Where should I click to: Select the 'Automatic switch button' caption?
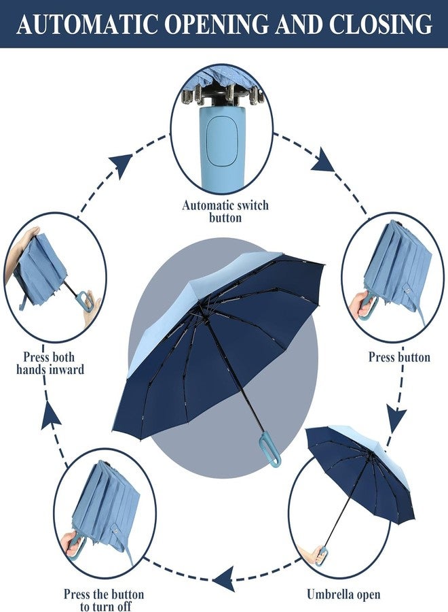point(225,211)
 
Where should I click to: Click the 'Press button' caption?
point(399,357)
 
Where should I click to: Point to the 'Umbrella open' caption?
point(343,595)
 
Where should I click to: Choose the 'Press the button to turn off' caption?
point(104,600)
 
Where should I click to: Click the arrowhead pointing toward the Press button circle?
point(324,161)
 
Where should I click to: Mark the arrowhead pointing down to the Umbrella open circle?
point(396,416)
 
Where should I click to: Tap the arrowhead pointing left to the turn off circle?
point(224,580)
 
